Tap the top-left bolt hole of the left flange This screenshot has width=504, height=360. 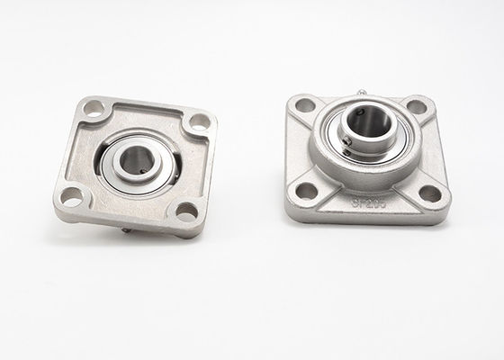[x=94, y=109]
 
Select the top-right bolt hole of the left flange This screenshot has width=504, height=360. [x=198, y=121]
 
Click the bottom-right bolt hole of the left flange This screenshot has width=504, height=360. [x=185, y=211]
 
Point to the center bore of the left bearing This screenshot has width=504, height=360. [x=138, y=161]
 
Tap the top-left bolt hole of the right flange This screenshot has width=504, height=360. [x=306, y=105]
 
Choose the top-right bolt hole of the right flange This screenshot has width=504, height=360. [x=416, y=106]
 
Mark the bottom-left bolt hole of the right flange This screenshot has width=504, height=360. [x=307, y=190]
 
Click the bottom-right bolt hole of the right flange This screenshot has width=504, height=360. [x=430, y=193]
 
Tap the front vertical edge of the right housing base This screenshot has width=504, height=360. [x=369, y=217]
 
